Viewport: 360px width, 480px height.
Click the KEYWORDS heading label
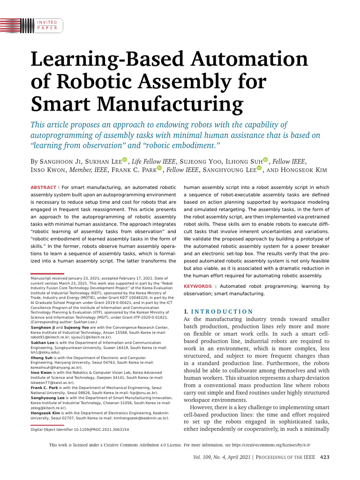(197, 286)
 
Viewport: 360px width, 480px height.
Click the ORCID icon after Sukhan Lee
(125, 160)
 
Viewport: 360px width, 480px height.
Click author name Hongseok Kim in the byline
(305, 170)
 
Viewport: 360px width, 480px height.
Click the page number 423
(325, 458)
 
